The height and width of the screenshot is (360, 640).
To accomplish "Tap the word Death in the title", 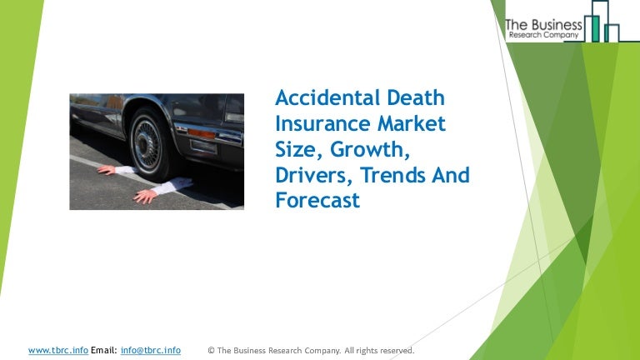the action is (416, 97).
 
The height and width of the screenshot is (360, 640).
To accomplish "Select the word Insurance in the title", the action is (322, 123).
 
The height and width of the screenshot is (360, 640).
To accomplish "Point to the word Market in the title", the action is (412, 123).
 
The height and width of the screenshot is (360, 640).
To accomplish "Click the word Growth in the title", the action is (370, 150).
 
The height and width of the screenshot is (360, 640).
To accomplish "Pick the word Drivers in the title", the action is (314, 175).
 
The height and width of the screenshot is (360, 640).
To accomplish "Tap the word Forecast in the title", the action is (317, 200).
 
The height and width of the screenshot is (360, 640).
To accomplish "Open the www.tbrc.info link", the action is (58, 350).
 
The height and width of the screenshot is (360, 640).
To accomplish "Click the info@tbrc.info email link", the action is (151, 350).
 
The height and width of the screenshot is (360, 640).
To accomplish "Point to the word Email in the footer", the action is (103, 350).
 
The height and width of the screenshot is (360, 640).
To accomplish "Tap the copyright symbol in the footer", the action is (211, 350).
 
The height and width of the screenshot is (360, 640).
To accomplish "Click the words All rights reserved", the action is (379, 350).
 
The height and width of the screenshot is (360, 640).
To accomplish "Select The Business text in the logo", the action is (543, 25).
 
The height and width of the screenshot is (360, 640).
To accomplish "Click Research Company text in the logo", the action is (543, 35).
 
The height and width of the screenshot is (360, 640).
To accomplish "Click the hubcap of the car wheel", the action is (145, 143).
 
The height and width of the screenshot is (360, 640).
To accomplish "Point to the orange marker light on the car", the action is (201, 134).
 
